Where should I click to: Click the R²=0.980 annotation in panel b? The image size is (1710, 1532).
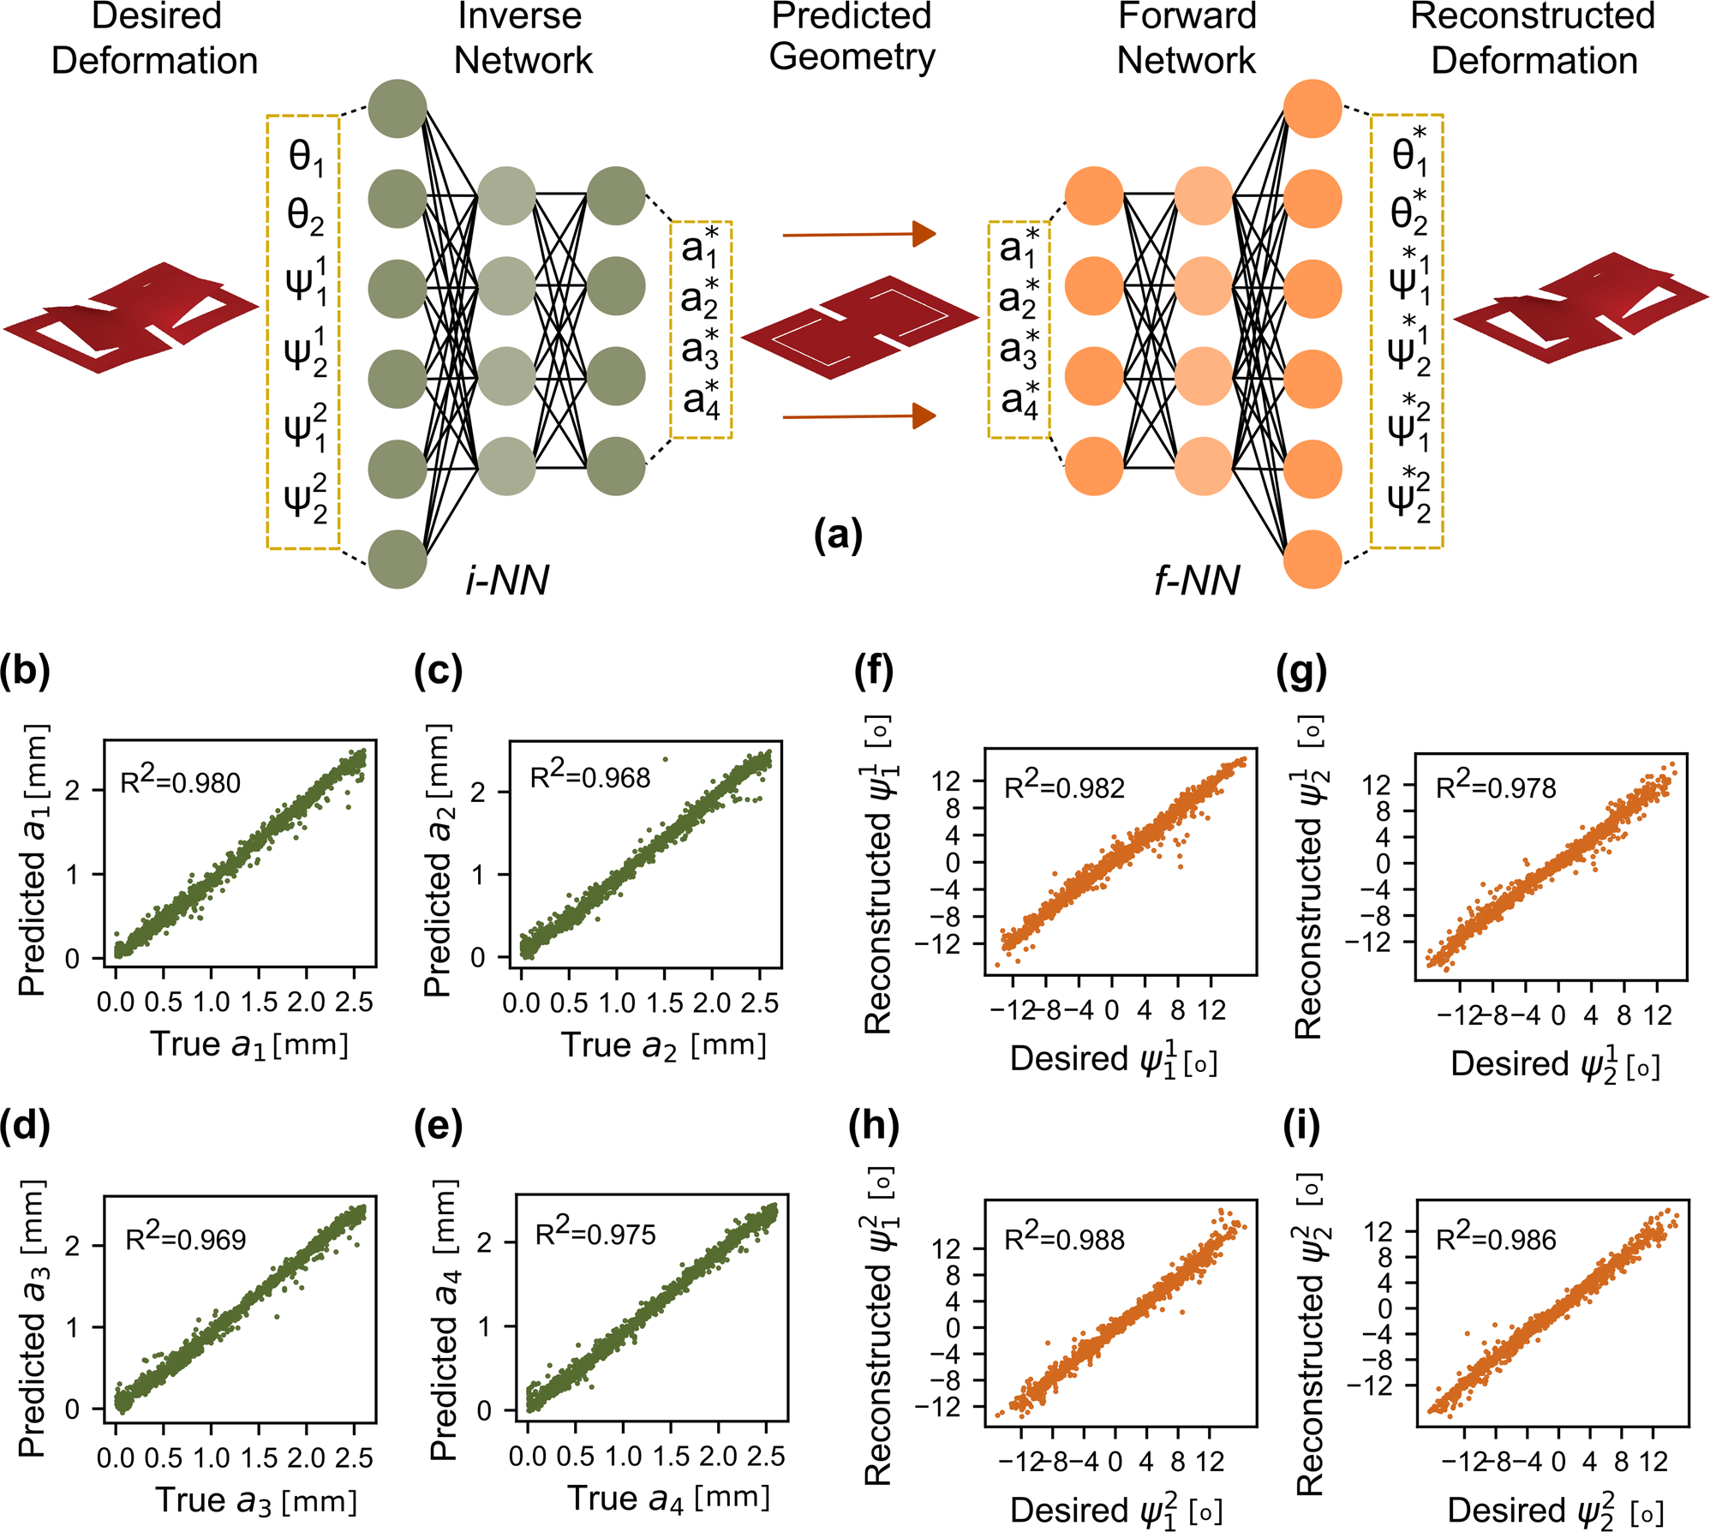180,781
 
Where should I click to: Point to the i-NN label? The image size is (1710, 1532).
506,581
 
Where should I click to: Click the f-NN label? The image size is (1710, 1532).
1197,581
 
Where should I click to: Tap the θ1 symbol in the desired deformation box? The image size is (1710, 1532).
306,158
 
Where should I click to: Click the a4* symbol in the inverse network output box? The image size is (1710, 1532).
702,401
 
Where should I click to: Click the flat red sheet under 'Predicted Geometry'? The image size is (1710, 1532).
859,326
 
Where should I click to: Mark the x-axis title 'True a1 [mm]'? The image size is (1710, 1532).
249,1044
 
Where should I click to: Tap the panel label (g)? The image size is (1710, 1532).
1300,671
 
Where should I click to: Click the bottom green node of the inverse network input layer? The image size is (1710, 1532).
398,560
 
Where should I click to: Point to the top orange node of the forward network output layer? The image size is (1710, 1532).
1312,108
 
